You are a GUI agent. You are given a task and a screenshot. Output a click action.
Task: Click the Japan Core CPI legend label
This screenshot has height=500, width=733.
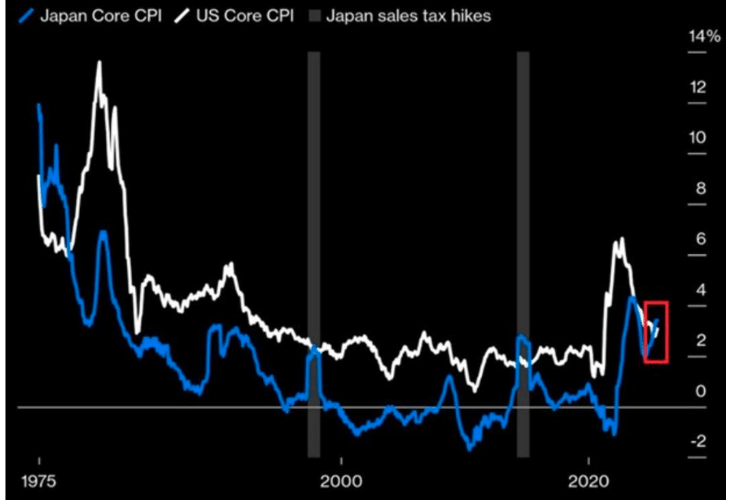coord(101,16)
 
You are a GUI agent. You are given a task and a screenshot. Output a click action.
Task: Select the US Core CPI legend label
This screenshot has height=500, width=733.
coord(244,16)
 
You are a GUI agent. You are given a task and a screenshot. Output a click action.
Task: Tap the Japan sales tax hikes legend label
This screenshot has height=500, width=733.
coord(408,16)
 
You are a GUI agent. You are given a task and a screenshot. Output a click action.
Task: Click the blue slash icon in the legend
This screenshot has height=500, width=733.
coord(27,16)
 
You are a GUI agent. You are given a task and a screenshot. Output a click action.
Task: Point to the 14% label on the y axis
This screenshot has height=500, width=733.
coord(704,36)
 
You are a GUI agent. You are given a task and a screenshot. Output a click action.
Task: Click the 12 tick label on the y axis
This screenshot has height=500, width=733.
coord(697,87)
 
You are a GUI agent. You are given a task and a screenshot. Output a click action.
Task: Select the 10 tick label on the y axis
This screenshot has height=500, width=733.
coord(697,137)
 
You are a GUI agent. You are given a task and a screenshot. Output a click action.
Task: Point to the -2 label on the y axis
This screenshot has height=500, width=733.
coord(697,441)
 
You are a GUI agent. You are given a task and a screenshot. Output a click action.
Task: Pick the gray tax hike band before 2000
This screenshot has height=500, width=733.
coord(313,253)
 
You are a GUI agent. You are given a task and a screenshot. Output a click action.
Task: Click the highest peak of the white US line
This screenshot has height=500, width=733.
coord(99,62)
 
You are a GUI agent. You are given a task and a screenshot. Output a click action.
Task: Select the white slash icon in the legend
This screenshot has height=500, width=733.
coord(183,16)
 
